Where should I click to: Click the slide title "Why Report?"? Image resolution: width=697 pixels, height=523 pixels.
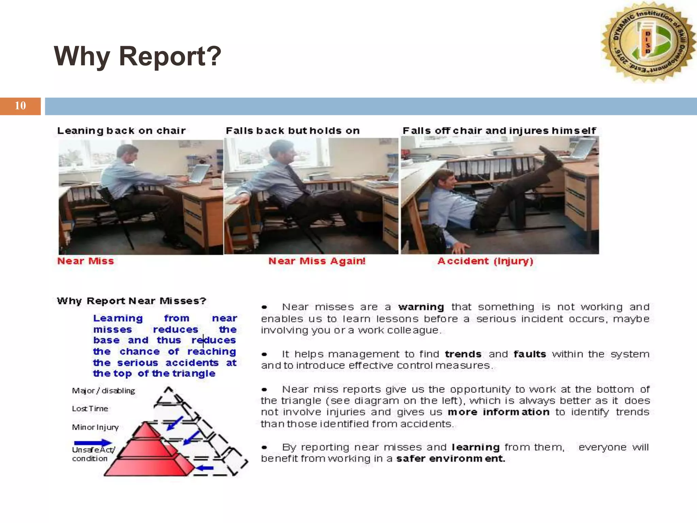click(x=137, y=56)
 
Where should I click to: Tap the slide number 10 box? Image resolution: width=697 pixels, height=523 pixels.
click(x=20, y=106)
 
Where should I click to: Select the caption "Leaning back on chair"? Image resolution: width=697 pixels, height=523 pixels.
click(x=121, y=131)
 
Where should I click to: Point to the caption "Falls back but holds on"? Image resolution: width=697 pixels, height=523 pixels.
click(x=293, y=131)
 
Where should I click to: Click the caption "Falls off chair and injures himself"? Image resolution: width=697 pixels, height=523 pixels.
click(x=499, y=131)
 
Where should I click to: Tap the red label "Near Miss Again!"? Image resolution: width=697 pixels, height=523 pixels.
click(x=317, y=261)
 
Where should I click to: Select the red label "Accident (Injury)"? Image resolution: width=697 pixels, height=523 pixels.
click(x=485, y=261)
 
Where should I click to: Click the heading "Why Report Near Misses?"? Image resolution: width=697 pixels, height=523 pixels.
click(x=132, y=301)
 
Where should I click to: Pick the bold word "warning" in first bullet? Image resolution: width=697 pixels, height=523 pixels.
click(x=421, y=307)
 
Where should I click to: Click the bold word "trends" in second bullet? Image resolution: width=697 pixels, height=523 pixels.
click(x=463, y=354)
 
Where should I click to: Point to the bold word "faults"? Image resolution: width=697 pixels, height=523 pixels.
click(x=530, y=354)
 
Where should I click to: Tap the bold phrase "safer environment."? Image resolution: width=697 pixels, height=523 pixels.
click(x=450, y=459)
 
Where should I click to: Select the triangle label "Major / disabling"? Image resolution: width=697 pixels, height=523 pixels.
click(x=103, y=391)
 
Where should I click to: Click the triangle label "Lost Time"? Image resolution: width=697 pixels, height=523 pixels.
click(x=90, y=409)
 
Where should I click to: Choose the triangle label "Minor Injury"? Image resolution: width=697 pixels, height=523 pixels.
click(x=95, y=427)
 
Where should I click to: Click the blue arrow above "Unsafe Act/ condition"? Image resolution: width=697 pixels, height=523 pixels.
click(x=93, y=443)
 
